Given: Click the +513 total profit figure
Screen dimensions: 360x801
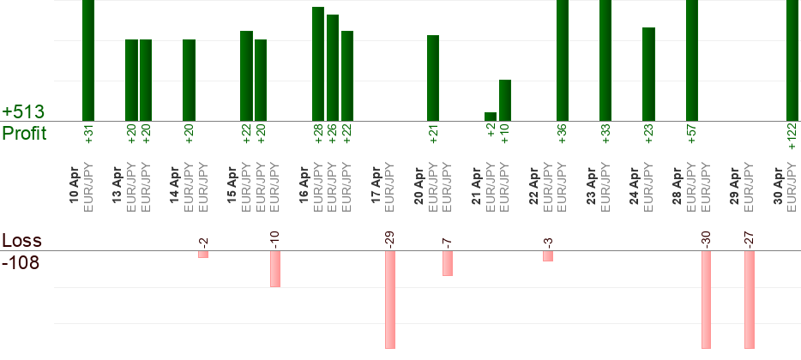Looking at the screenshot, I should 23,112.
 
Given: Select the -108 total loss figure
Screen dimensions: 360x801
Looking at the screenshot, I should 21,262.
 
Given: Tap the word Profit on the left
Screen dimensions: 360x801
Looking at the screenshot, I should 24,133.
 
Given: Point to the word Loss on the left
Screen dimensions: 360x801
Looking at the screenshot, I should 21,241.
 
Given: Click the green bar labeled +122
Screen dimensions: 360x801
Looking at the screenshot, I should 792,60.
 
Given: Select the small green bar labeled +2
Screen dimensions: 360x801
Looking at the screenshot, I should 491,117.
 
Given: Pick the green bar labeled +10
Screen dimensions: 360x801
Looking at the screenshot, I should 505,100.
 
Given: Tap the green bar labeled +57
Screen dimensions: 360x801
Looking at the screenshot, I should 692,60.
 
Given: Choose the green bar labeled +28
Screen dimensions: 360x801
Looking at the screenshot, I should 318,63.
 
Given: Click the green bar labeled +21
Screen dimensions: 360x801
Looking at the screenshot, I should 433,78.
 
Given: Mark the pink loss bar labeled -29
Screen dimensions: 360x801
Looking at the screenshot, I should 390,300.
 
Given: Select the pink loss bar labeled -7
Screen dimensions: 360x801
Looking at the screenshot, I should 448,263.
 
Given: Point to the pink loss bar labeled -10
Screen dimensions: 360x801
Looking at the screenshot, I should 275,269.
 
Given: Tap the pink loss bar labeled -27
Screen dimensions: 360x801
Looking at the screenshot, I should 749,300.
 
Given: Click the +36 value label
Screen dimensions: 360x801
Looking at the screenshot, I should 563,135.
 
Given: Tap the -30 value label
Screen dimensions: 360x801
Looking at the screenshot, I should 706,239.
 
